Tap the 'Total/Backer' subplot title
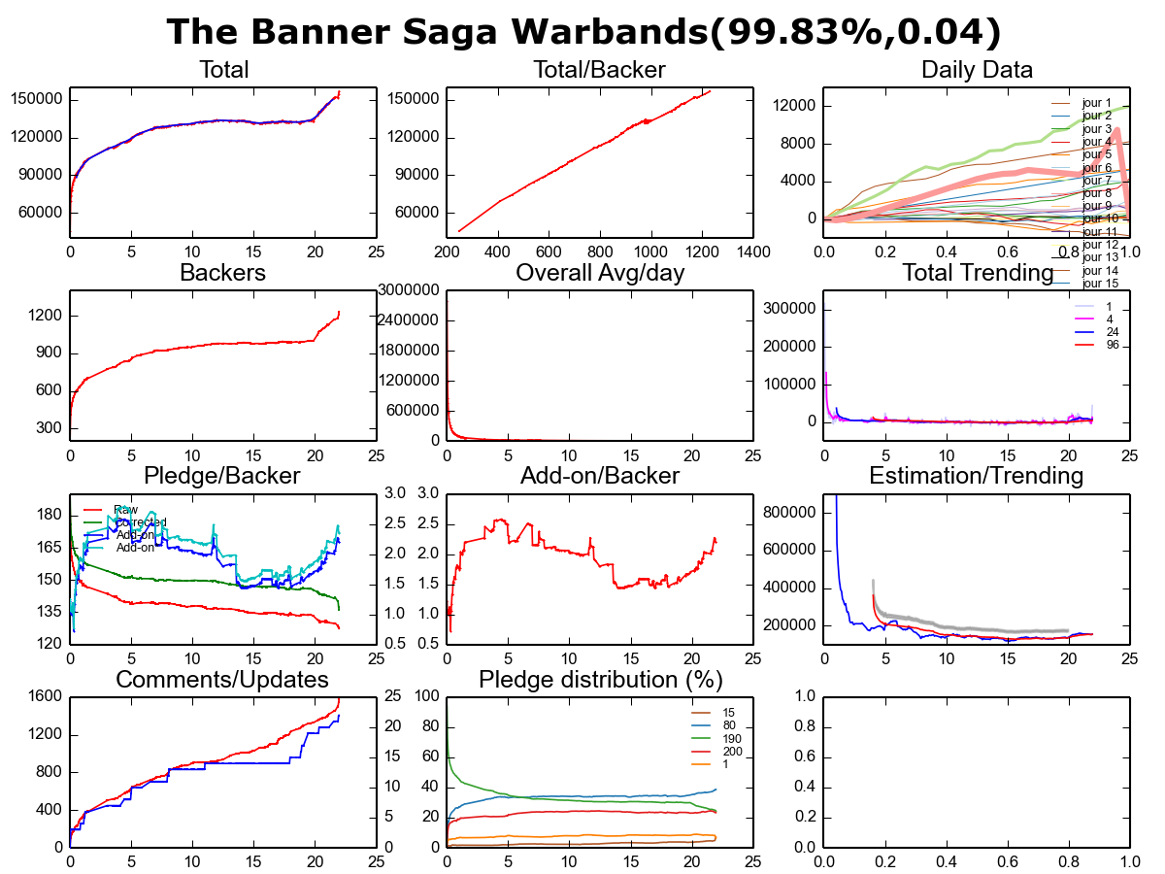point(599,70)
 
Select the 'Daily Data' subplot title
point(976,70)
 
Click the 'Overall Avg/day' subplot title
point(599,273)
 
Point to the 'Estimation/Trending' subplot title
point(976,476)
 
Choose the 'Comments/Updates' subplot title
point(222,679)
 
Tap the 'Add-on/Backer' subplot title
point(599,476)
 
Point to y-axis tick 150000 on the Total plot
point(37,99)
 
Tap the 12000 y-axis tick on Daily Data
point(793,106)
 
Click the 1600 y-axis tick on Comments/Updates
point(44,696)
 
